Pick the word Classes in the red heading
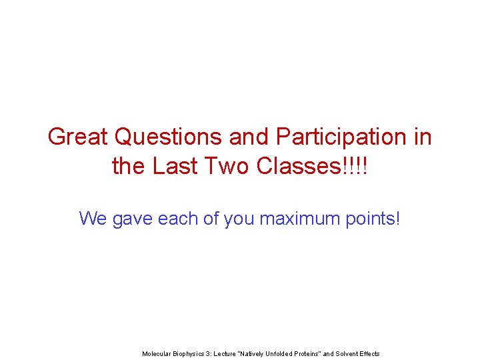[292, 166]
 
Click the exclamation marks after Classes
[355, 166]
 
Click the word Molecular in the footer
[157, 353]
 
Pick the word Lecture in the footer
[227, 353]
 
